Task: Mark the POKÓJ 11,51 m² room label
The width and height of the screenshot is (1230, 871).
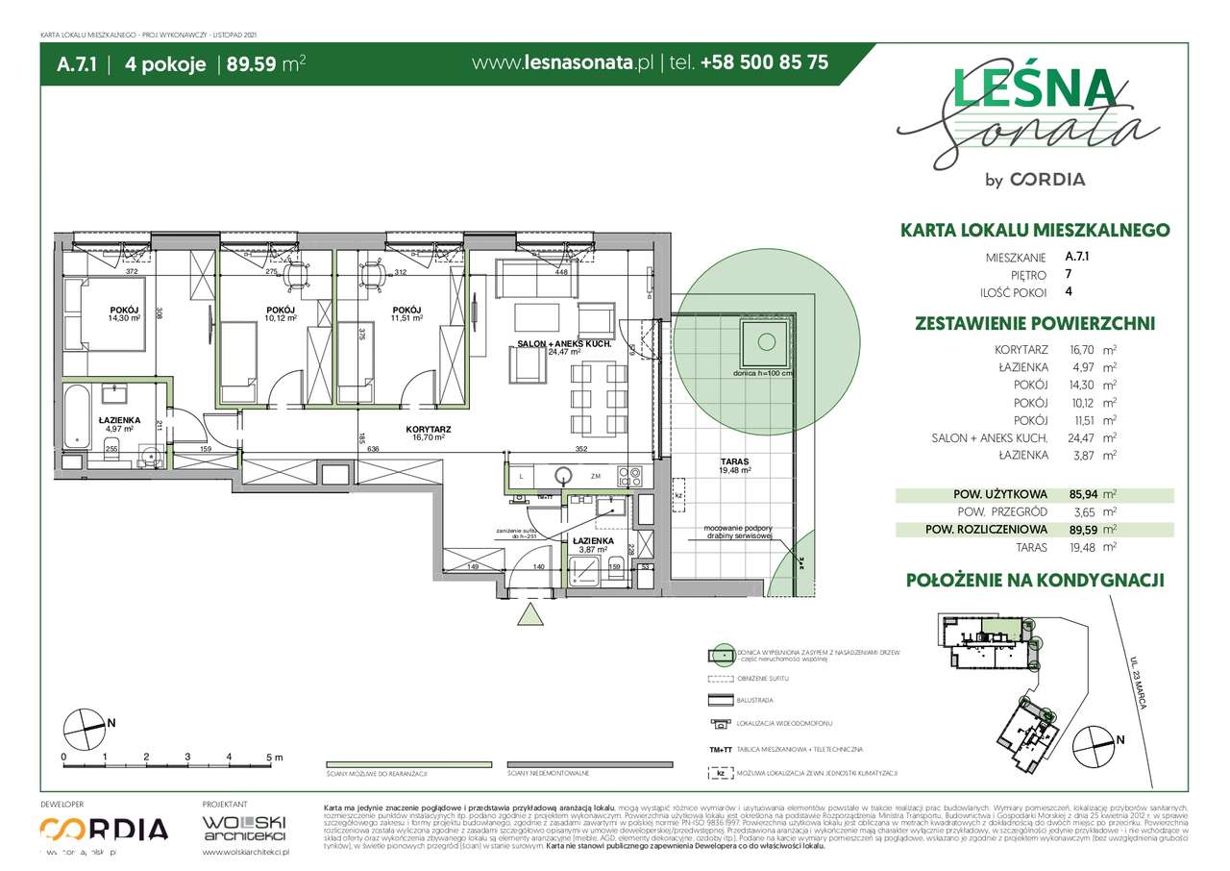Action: click(404, 312)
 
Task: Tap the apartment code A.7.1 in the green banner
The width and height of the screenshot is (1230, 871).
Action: click(75, 63)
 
